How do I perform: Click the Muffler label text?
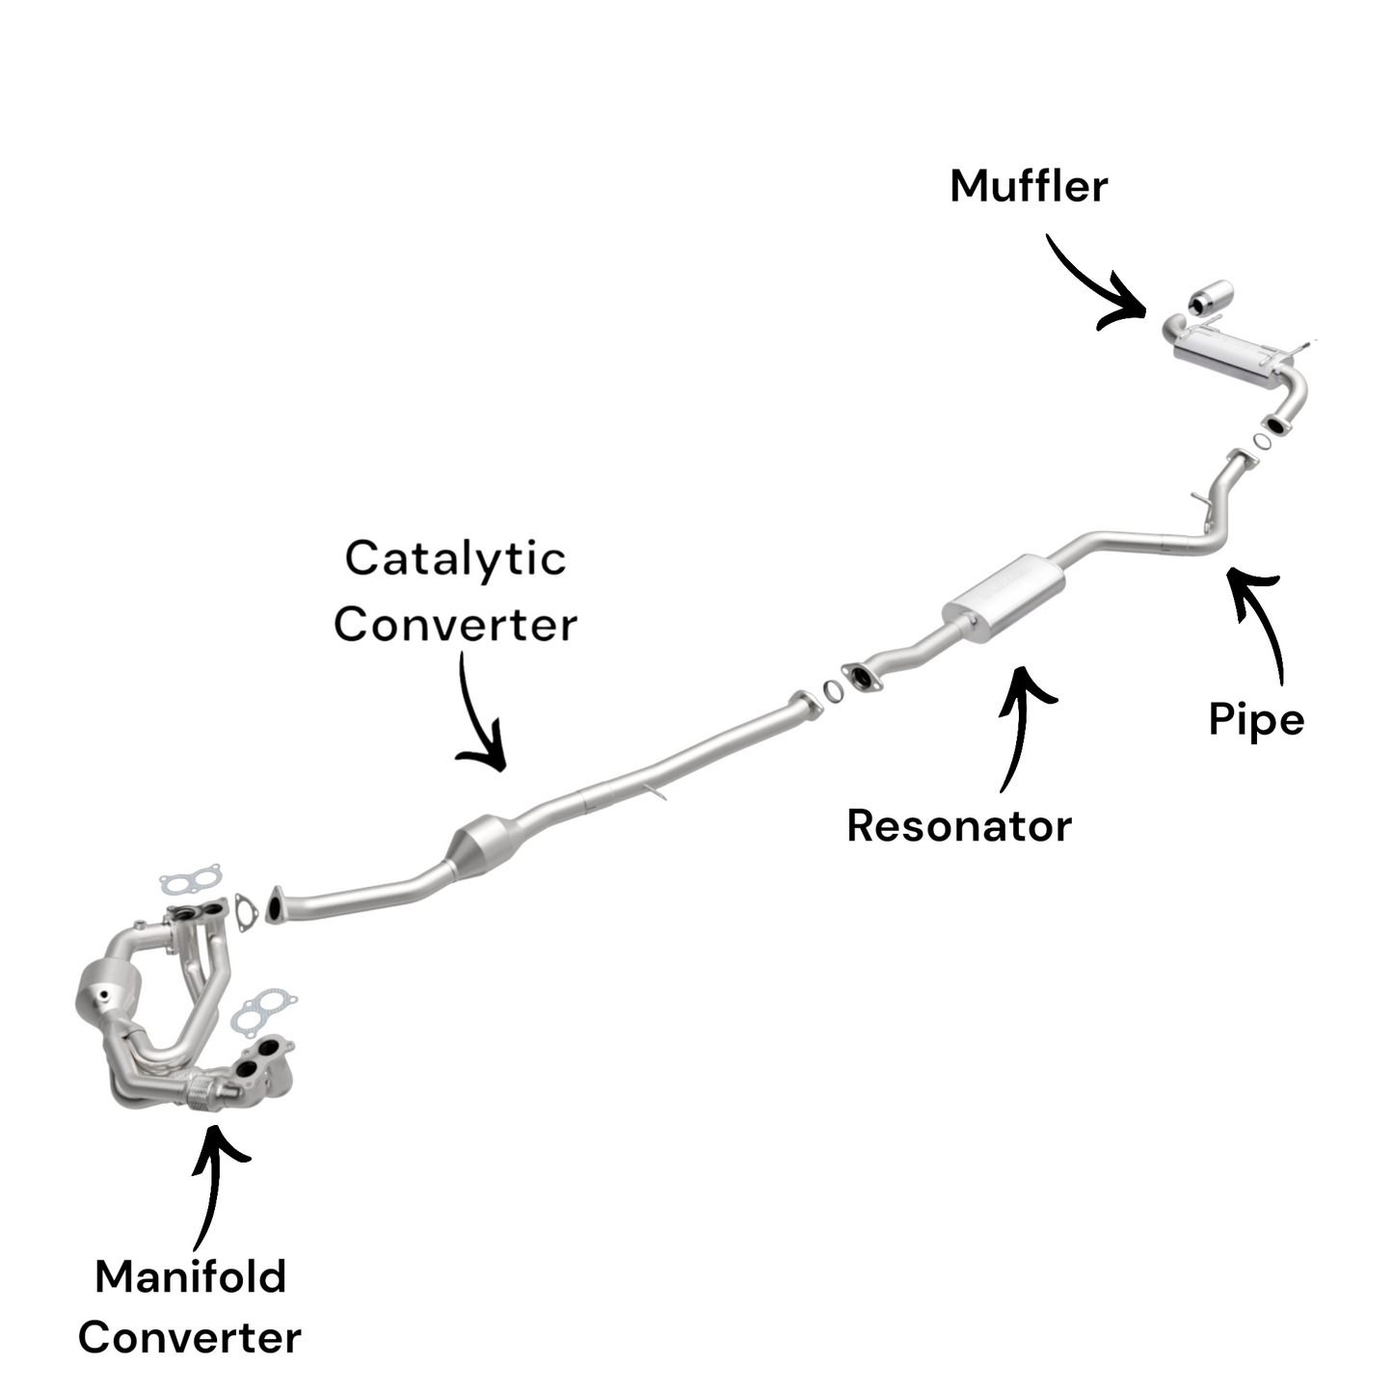pyautogui.click(x=1028, y=186)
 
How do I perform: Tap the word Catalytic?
pyautogui.click(x=455, y=559)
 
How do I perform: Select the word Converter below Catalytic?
pyautogui.click(x=455, y=625)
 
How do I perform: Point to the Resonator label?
pyautogui.click(x=958, y=826)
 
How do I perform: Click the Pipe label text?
pyautogui.click(x=1256, y=719)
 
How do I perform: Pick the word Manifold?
pyautogui.click(x=191, y=1277)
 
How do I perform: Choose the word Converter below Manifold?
pyautogui.click(x=190, y=1338)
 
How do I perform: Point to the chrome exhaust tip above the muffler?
pyautogui.click(x=1211, y=296)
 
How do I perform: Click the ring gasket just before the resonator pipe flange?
pyautogui.click(x=830, y=690)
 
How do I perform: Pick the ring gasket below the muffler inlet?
pyautogui.click(x=1262, y=442)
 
